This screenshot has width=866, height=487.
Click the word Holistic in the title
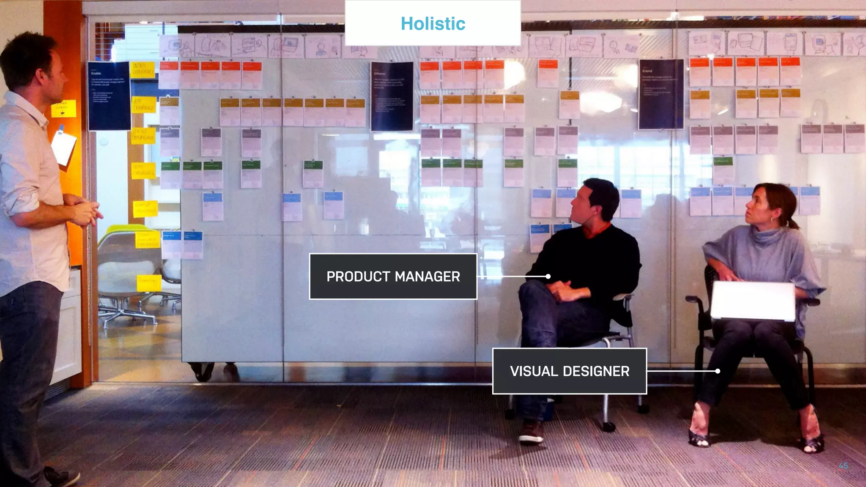click(433, 24)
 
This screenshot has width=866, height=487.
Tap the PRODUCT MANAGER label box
click(393, 276)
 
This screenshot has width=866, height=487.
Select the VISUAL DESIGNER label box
click(569, 371)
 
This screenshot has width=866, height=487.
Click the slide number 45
click(843, 465)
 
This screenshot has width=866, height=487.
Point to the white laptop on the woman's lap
click(752, 301)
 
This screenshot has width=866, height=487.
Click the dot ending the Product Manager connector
click(548, 276)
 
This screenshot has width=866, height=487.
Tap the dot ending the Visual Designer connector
click(718, 371)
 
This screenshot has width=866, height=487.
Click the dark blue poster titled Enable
click(109, 96)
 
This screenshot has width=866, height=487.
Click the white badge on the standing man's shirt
click(63, 147)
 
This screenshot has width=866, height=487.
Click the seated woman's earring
click(772, 221)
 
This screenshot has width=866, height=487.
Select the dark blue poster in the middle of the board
click(392, 96)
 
